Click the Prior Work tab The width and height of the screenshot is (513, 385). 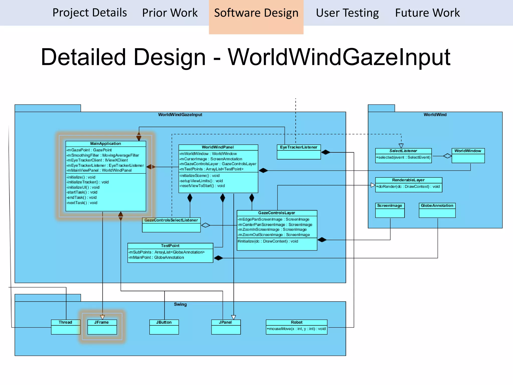[170, 13]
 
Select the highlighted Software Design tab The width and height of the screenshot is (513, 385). [256, 13]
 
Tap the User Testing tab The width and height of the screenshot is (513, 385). [347, 13]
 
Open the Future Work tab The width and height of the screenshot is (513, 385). [427, 13]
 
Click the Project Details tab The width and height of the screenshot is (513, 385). [90, 13]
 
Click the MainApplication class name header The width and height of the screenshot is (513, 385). [105, 144]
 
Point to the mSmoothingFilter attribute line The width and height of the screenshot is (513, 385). [103, 155]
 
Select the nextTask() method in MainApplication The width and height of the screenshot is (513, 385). [82, 203]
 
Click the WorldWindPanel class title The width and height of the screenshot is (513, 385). [218, 147]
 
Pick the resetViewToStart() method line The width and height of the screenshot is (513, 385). [202, 186]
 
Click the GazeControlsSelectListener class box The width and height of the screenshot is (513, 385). [171, 225]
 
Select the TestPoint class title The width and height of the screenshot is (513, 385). [170, 246]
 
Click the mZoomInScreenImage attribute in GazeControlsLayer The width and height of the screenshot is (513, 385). [272, 230]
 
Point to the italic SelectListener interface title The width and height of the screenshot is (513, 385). [403, 151]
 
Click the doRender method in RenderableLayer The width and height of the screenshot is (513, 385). [408, 186]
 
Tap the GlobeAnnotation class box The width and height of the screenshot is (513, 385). [437, 210]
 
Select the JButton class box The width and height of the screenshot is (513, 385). [164, 327]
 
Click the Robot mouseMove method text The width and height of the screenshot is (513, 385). [296, 329]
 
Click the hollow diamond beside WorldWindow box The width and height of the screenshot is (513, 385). [447, 156]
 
